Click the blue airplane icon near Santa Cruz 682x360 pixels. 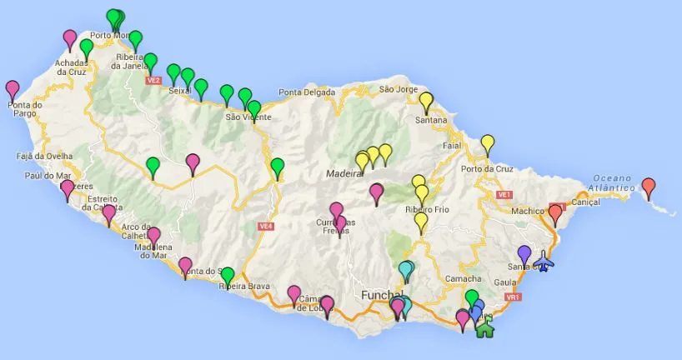[544, 262]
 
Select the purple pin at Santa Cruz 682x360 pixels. [524, 253]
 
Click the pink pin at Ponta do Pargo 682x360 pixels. [13, 88]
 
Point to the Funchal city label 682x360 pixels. [379, 295]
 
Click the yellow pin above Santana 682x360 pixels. [426, 101]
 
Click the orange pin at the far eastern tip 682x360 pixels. [649, 186]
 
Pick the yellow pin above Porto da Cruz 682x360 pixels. [488, 143]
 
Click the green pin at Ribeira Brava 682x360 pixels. [227, 274]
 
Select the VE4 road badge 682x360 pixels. [266, 225]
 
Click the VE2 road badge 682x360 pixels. [153, 81]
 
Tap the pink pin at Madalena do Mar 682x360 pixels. [153, 236]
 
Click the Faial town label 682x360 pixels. [453, 144]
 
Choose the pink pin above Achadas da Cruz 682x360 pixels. [70, 37]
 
